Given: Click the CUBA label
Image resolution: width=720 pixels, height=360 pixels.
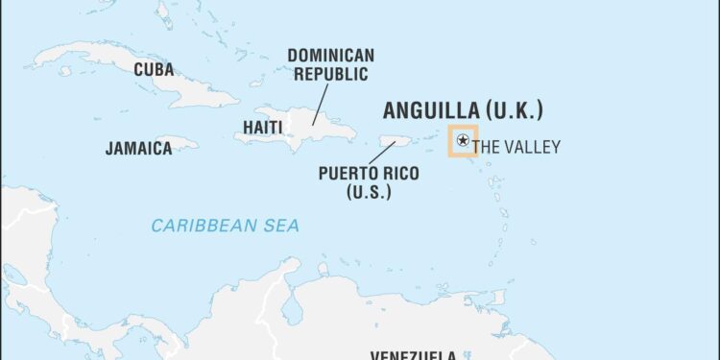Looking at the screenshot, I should [154, 69].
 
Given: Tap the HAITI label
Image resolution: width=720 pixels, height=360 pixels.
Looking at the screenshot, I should [261, 127].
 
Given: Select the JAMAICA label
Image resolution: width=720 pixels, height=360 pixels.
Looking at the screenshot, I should [138, 148].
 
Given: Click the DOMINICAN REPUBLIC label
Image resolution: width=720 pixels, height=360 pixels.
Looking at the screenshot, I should [331, 64].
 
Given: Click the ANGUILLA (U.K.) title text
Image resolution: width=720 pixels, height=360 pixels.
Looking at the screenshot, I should [463, 110].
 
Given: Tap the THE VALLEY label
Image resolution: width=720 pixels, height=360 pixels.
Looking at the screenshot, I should [517, 147].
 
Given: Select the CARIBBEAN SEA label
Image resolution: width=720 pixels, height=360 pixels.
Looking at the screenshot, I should [225, 226].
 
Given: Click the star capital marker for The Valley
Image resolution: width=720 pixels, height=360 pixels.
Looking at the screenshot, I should [463, 141].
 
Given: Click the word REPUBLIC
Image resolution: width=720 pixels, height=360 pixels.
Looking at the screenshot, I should [331, 74].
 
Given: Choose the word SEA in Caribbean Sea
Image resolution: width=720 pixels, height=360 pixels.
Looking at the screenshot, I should [282, 226].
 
